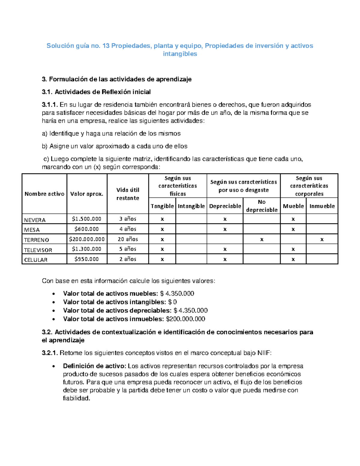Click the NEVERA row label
click(35, 220)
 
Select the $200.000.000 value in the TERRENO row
click(87, 239)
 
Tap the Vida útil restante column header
click(128, 194)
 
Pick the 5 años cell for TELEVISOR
click(128, 249)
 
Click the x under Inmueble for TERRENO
click(322, 239)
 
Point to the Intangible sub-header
click(191, 206)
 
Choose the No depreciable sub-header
click(262, 206)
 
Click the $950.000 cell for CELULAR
click(87, 259)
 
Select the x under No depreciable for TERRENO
click(262, 239)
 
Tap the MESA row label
click(32, 230)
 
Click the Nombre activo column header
click(44, 194)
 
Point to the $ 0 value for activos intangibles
click(172, 302)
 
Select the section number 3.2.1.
click(50, 353)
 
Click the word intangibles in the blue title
click(180, 54)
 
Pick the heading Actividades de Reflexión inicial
click(103, 92)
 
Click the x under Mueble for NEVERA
click(293, 219)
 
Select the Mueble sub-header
click(293, 206)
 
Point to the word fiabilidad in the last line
click(76, 398)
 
